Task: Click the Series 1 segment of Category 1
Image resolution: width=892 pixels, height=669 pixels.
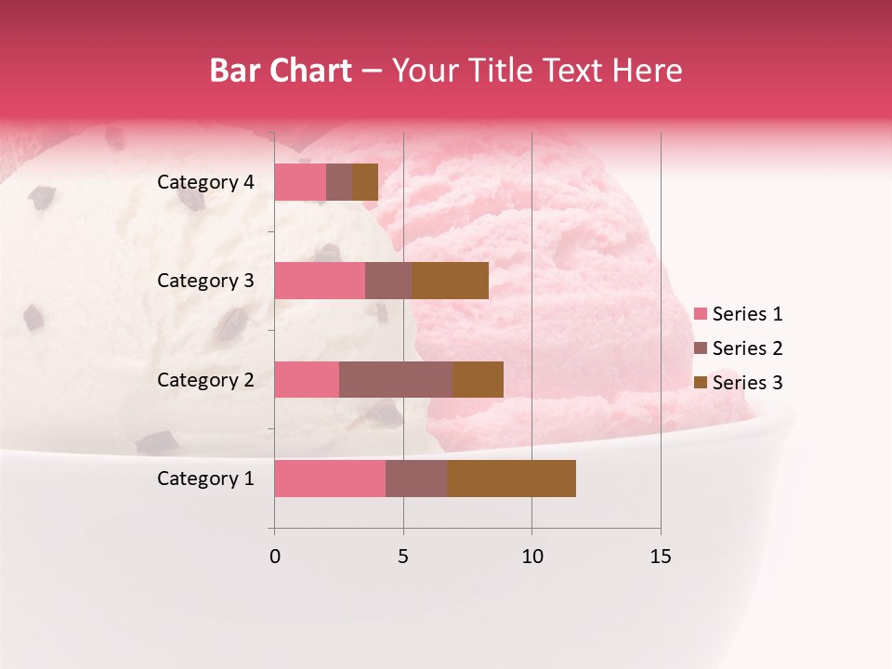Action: tap(330, 479)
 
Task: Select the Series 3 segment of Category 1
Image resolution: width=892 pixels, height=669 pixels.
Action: tap(511, 479)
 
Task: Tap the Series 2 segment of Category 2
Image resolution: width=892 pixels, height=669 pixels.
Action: tap(396, 379)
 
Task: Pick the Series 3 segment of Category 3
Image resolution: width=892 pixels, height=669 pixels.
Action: tap(450, 281)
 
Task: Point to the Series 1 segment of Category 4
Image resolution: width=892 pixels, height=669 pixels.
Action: tap(300, 182)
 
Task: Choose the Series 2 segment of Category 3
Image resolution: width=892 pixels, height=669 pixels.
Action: tap(388, 281)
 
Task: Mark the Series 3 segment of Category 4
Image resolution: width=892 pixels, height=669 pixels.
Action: tap(365, 182)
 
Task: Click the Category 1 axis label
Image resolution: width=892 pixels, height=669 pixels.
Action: tap(205, 479)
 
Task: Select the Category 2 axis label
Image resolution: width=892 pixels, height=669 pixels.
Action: tap(205, 379)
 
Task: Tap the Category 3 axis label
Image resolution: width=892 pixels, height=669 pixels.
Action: tap(205, 281)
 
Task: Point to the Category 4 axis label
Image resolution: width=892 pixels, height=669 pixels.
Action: tap(205, 182)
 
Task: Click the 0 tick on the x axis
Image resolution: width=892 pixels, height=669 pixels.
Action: tap(274, 557)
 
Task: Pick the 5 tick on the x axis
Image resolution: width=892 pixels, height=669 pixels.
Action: tap(403, 557)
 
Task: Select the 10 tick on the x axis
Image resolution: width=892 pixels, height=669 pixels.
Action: tap(531, 557)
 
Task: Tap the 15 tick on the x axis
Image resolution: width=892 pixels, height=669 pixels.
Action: tap(661, 557)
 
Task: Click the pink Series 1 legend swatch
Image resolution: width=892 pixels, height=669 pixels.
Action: tap(700, 314)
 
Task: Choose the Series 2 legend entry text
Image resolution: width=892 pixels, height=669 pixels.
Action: tap(747, 348)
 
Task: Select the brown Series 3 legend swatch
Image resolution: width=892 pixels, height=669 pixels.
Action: tap(700, 383)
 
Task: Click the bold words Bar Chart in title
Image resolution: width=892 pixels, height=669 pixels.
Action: tap(281, 71)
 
